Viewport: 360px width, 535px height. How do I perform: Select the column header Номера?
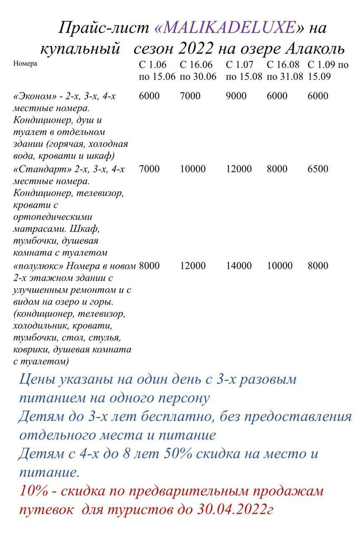(x=26, y=63)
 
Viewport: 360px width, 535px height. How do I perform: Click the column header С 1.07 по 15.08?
(x=243, y=70)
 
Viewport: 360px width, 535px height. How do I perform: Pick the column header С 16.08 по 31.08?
(x=285, y=70)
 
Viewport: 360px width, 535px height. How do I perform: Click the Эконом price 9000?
(x=236, y=96)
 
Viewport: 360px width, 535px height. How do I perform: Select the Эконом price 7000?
(x=190, y=96)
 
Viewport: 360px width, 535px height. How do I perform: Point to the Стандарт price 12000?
(x=238, y=169)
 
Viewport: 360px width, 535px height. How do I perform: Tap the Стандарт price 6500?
(x=318, y=169)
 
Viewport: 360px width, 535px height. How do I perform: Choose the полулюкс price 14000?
(x=238, y=266)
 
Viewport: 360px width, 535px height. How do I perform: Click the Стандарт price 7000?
(x=149, y=169)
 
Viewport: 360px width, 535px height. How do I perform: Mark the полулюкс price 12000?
(x=193, y=266)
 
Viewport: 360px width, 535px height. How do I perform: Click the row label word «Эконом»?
(x=32, y=96)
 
